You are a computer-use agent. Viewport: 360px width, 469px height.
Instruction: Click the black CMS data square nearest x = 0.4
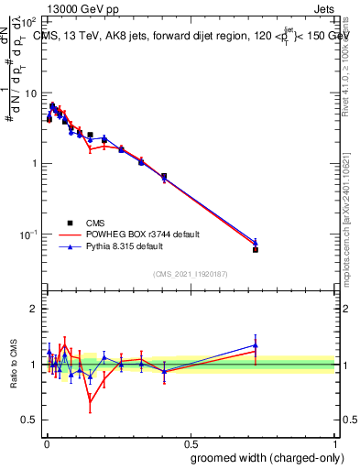point(163,176)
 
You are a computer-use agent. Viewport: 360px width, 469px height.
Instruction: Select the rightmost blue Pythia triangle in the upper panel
point(256,243)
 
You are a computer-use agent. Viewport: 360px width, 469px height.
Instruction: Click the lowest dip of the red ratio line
point(90,401)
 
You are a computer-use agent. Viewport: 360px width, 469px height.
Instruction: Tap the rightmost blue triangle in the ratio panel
point(256,345)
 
